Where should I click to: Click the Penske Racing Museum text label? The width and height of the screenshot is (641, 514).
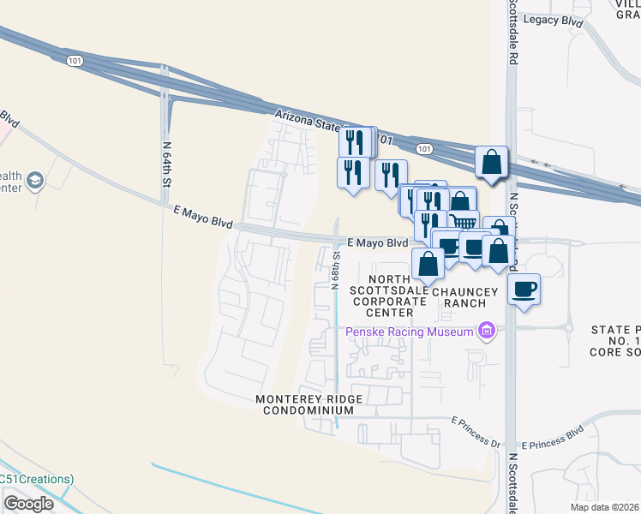(x=410, y=332)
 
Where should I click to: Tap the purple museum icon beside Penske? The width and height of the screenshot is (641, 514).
(x=487, y=331)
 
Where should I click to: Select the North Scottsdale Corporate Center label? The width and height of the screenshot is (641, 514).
(x=386, y=296)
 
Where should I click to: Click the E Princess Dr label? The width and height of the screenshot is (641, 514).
(x=475, y=421)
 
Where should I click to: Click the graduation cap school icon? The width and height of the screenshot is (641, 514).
(x=35, y=181)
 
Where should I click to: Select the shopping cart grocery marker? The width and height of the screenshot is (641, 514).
(x=464, y=221)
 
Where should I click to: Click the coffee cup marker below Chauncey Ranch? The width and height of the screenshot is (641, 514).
(x=524, y=288)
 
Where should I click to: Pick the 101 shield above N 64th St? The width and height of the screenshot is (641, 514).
(x=74, y=59)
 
